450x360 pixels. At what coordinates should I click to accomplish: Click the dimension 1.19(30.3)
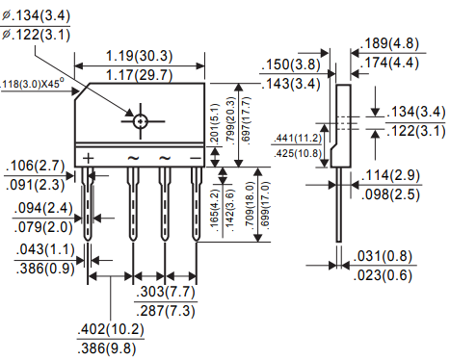coord(141,55)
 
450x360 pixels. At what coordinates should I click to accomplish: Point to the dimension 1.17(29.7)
coord(141,71)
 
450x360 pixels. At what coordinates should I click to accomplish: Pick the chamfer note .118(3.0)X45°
coord(39,85)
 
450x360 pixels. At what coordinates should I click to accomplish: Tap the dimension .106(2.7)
coord(34,166)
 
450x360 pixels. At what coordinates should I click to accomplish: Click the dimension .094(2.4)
coord(34,209)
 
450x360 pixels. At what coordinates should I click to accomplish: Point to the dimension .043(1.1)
coord(34,249)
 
